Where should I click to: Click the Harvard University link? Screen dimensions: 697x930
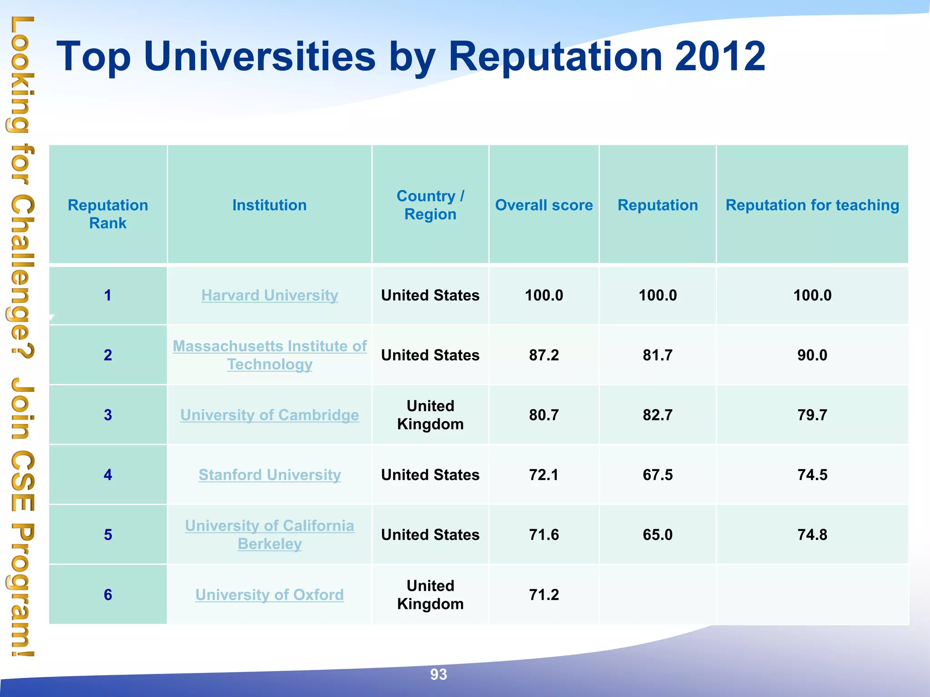(270, 295)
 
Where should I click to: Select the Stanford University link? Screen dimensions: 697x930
(270, 475)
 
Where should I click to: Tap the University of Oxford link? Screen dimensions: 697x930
(270, 595)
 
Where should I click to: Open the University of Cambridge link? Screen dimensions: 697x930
(270, 415)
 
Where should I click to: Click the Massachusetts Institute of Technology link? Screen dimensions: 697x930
(270, 355)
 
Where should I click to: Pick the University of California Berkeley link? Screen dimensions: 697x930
(270, 535)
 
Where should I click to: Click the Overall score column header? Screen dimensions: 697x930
(544, 205)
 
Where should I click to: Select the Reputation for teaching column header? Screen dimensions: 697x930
(812, 205)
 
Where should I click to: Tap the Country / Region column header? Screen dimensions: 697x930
(430, 205)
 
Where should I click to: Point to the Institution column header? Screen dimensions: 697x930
(270, 205)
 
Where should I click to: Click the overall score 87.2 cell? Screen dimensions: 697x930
(544, 355)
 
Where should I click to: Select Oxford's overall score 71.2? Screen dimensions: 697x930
(544, 595)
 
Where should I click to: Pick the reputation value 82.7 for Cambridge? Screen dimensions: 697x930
(658, 415)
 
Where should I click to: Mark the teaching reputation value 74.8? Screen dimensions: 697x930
(812, 535)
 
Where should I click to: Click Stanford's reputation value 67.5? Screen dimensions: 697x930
(658, 475)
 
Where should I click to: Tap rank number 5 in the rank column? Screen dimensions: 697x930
(108, 535)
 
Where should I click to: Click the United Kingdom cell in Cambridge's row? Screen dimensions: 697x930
(430, 415)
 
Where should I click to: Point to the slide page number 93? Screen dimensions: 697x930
(439, 675)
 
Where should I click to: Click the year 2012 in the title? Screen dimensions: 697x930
(720, 56)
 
